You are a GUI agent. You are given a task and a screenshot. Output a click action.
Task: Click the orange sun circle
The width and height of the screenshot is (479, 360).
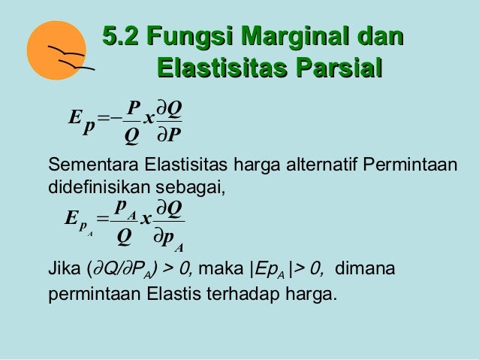[x=56, y=50]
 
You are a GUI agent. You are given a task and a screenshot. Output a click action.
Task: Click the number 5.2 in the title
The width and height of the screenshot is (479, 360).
[x=120, y=36]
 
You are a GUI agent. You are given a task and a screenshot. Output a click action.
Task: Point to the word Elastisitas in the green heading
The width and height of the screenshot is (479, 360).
[x=222, y=68]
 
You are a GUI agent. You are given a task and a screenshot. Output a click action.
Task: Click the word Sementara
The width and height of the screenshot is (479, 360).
[x=93, y=165]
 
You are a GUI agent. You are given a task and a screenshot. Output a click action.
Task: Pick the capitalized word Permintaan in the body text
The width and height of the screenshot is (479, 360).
[x=410, y=165]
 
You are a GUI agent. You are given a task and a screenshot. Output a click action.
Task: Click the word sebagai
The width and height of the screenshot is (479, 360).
[x=190, y=188]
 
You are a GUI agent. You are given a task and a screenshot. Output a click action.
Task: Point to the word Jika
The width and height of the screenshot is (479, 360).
[x=64, y=268]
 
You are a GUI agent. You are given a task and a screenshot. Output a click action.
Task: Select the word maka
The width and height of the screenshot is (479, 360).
[x=221, y=268]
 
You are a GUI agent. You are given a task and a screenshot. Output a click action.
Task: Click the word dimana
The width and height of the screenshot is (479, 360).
[x=365, y=268]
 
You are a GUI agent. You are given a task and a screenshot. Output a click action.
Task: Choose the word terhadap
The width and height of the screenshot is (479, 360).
[x=243, y=294]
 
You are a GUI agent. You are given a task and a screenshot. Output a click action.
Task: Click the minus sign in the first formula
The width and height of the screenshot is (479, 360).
[x=116, y=117]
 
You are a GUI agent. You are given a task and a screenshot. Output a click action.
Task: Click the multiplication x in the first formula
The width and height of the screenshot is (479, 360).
[x=149, y=118]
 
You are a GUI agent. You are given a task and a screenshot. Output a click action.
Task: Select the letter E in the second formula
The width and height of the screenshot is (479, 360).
[x=71, y=218]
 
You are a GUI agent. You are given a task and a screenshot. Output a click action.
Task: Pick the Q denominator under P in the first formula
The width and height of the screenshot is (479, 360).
[x=132, y=136]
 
